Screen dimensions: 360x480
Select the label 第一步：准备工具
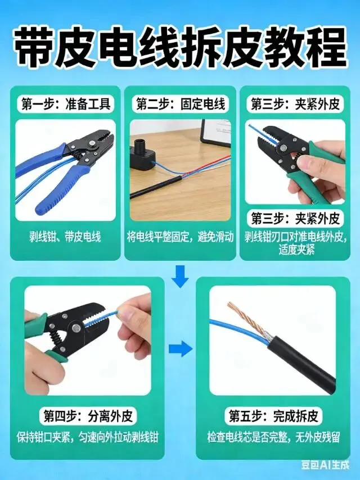point(66,104)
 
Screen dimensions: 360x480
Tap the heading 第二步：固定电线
point(181,104)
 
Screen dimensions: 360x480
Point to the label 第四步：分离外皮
point(88,416)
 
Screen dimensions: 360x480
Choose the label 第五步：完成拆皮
point(273,416)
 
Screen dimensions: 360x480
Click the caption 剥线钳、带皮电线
point(65,237)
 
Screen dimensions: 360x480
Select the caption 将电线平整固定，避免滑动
point(181,237)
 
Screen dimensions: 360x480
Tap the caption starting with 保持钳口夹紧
point(88,437)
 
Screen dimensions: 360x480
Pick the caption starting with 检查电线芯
point(273,437)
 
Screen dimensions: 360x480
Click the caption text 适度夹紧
point(296,250)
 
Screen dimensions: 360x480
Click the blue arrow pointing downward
point(180,276)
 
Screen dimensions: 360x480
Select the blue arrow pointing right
point(181,348)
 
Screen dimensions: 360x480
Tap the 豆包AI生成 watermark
point(325,465)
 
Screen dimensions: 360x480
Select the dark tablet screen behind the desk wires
point(215,132)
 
